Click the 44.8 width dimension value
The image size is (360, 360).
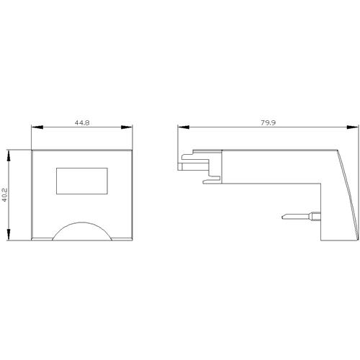point(82,122)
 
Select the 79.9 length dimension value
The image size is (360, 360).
point(269,122)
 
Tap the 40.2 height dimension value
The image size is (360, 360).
point(5,195)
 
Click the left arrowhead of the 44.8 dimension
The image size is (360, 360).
point(37,127)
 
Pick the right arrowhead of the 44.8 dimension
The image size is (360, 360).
point(127,127)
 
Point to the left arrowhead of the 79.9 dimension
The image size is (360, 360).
point(184,127)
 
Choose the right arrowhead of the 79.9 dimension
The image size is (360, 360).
point(353,127)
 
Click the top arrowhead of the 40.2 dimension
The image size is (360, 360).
point(9,156)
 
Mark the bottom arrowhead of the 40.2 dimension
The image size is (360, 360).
point(9,235)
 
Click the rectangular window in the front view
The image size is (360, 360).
point(82,181)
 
